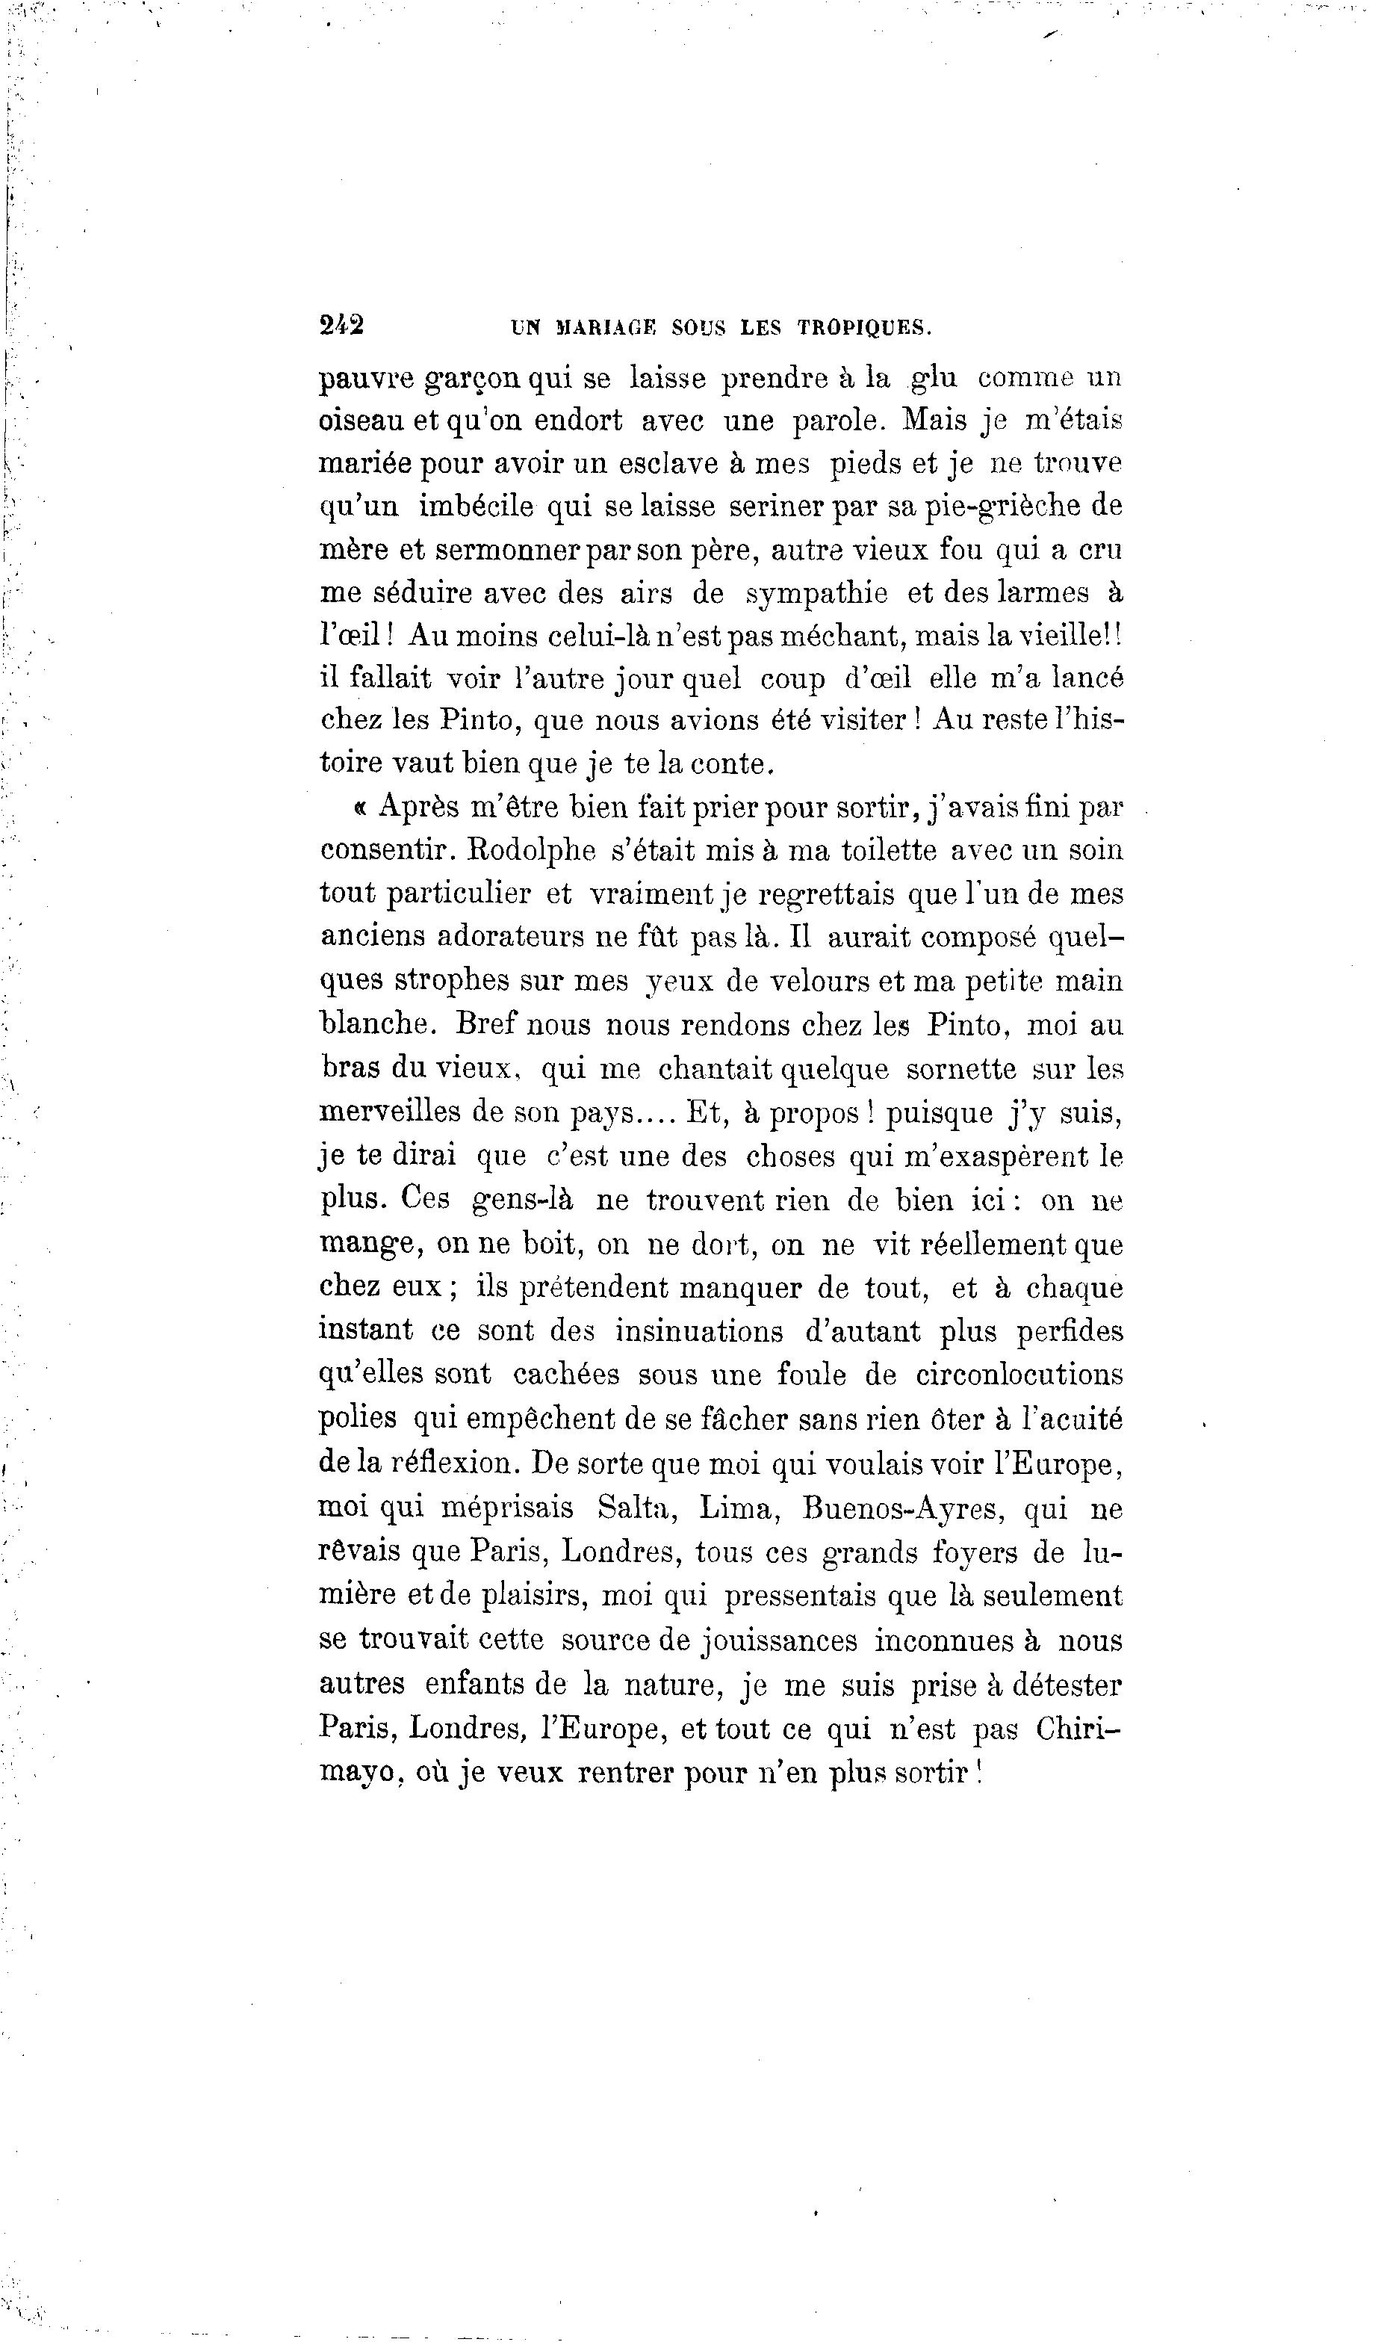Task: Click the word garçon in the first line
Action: (474, 380)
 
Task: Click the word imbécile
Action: (476, 506)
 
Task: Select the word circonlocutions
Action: (1019, 1375)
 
